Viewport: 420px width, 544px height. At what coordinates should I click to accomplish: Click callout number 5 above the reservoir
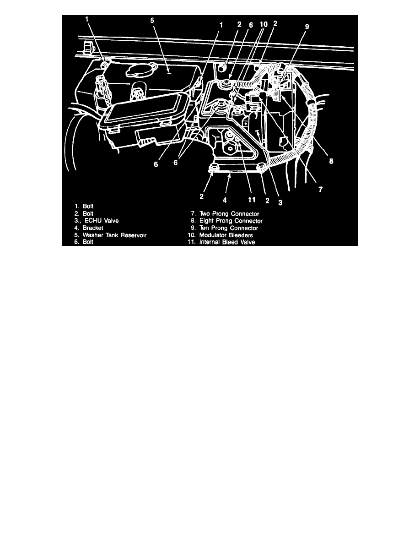tap(153, 21)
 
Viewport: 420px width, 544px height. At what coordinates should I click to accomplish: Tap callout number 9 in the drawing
tap(307, 27)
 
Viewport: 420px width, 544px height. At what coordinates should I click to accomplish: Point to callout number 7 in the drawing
tap(320, 188)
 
